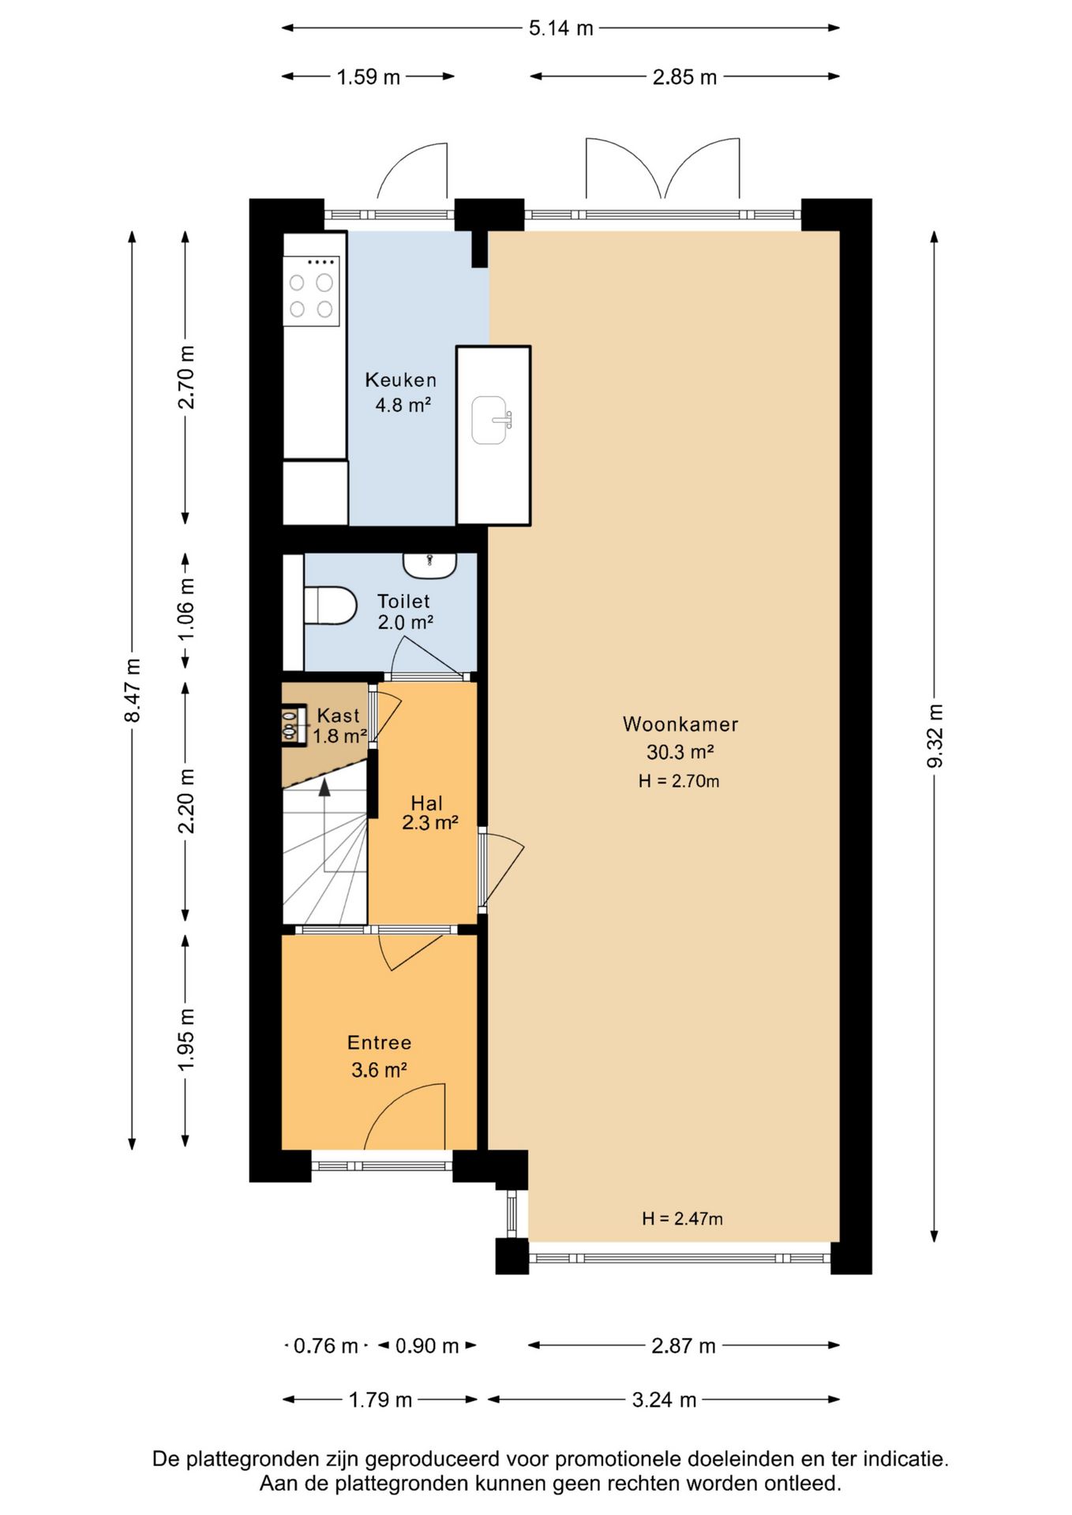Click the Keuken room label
point(400,380)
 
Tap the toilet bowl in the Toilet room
point(330,605)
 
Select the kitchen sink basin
point(490,420)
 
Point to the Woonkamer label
point(680,724)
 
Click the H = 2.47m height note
point(682,1218)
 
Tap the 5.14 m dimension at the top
point(560,28)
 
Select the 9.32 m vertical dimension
point(935,736)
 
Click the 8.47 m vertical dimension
point(133,690)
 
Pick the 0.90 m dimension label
point(427,1346)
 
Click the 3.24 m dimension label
point(664,1400)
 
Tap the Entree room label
point(379,1043)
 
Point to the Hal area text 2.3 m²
point(430,823)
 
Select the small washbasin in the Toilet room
point(429,565)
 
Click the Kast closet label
point(338,716)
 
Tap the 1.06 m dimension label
point(186,608)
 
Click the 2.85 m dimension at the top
point(684,77)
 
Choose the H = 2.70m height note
point(679,781)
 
